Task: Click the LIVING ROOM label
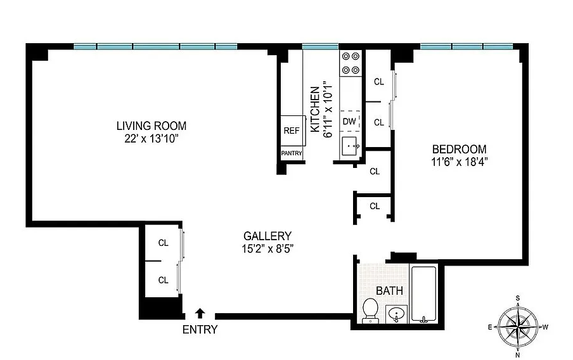(151, 125)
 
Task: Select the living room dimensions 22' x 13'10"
(151, 138)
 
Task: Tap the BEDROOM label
(459, 150)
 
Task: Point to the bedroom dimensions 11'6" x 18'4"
(459, 162)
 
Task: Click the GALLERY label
(267, 236)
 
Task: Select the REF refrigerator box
(292, 131)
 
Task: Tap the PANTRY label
(292, 153)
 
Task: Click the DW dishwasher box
(349, 121)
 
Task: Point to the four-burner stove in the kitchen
(351, 63)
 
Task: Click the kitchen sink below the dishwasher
(351, 146)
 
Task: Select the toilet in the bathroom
(370, 311)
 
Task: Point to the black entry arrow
(200, 312)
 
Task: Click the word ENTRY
(200, 330)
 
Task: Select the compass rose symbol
(518, 326)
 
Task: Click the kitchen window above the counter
(320, 46)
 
